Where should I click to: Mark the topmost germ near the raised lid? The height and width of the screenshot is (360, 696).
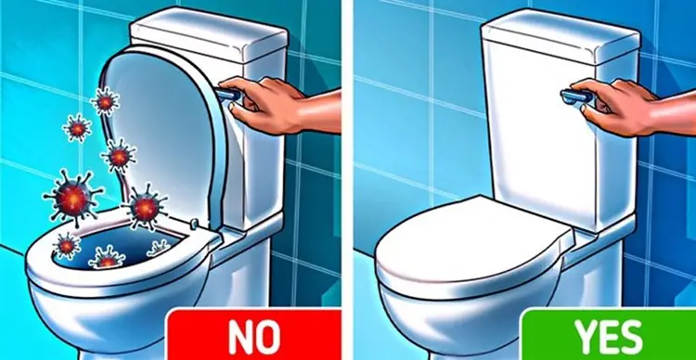(x=106, y=99)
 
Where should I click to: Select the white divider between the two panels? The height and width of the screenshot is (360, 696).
(x=348, y=180)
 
